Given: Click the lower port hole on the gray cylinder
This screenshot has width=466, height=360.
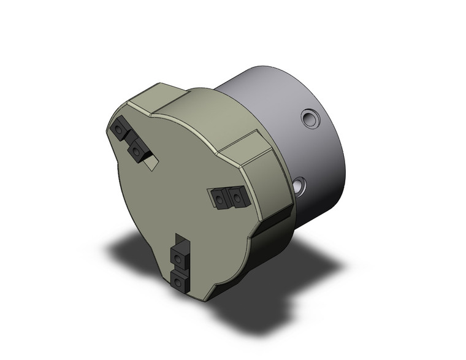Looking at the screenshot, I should pos(299,185).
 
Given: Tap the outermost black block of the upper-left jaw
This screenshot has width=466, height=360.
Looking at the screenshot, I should pos(119,129).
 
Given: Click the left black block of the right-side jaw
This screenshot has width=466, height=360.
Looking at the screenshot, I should pos(220,197).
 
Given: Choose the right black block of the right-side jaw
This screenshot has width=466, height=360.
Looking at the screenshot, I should pos(236,196).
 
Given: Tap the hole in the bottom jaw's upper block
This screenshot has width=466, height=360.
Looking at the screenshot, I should pos(179,257).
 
